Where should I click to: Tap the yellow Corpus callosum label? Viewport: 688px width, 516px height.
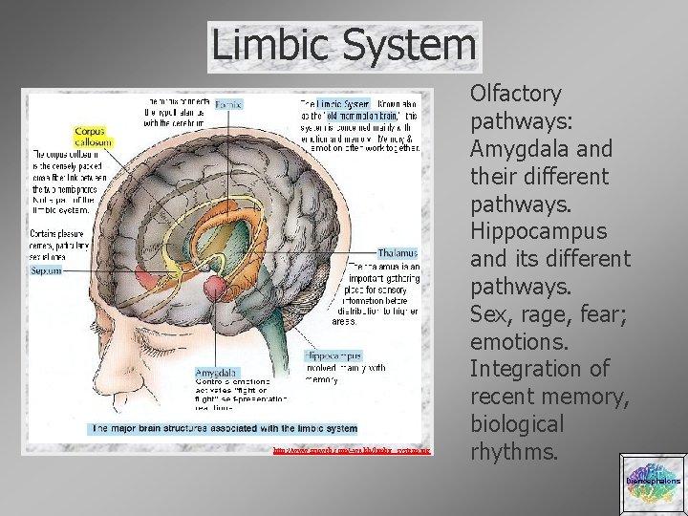click(x=93, y=136)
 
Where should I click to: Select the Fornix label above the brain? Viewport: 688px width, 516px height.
click(x=227, y=102)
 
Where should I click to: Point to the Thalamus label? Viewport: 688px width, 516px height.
click(x=398, y=253)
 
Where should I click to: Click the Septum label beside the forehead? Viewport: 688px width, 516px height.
click(x=46, y=270)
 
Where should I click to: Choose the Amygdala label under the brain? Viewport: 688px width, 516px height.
click(x=217, y=372)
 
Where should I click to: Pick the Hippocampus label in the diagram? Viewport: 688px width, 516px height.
click(x=333, y=355)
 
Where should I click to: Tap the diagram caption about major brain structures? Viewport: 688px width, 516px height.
click(x=225, y=429)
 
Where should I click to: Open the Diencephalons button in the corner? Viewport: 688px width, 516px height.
click(x=653, y=482)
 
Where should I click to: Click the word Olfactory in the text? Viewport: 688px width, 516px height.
click(x=515, y=95)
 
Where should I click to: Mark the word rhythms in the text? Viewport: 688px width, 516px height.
click(x=514, y=452)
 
